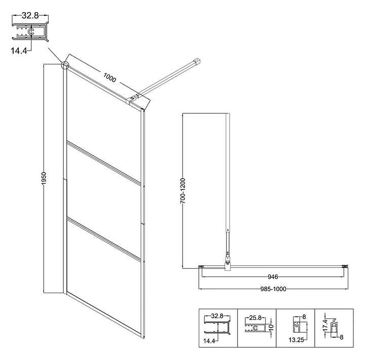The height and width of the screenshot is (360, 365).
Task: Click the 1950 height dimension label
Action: point(44,178)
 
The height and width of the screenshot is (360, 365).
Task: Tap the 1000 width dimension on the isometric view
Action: point(109,77)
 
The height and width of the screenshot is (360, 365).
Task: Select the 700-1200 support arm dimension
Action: point(182,191)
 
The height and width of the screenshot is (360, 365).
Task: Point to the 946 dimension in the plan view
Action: point(273,277)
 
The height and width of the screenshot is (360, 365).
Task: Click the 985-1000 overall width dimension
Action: point(273,289)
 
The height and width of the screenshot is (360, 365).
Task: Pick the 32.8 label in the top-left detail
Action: point(30,16)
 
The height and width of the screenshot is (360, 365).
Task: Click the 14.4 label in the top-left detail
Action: point(19,51)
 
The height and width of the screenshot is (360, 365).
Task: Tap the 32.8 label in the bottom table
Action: point(217,316)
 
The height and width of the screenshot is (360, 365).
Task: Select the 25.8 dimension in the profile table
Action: point(255,317)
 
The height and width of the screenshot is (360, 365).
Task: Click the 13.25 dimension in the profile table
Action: point(297,340)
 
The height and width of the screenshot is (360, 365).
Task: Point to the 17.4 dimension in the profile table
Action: point(325,325)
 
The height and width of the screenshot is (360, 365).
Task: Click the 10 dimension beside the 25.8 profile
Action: point(271,328)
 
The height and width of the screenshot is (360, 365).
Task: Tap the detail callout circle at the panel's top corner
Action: point(65,65)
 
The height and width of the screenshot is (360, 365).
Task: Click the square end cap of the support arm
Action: point(198,62)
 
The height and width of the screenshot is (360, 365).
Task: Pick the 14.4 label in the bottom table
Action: point(209,341)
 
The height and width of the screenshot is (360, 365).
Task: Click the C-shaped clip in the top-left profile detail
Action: point(31,32)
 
